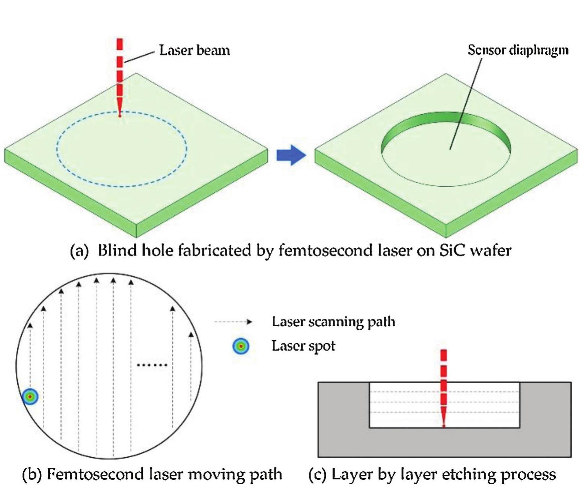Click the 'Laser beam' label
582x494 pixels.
click(x=194, y=50)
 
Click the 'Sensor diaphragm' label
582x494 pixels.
click(x=518, y=50)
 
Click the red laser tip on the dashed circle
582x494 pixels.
click(x=120, y=115)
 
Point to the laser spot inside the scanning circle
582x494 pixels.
click(x=30, y=397)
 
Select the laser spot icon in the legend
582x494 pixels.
click(x=240, y=346)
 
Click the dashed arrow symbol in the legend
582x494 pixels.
click(x=233, y=322)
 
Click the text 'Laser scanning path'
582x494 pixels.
click(x=333, y=322)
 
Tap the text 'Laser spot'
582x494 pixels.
click(x=303, y=346)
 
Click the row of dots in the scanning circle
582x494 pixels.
click(x=152, y=365)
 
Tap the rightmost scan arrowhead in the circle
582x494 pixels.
click(x=191, y=334)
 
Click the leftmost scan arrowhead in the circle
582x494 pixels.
click(x=30, y=325)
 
